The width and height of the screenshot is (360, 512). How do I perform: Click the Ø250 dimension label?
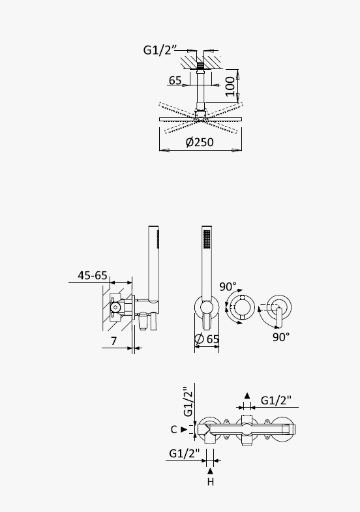200,142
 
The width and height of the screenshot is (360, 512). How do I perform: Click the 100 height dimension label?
230,87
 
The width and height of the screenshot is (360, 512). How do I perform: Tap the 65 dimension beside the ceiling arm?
175,80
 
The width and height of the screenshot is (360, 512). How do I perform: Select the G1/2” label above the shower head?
160,50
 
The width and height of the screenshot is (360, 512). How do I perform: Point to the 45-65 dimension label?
93,275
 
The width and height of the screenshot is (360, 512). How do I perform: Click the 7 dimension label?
113,341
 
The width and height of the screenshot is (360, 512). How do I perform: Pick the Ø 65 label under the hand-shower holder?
207,339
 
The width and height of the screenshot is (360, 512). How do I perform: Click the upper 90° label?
228,287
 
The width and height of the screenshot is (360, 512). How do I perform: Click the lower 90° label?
281,337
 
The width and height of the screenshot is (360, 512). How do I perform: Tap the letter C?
174,430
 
